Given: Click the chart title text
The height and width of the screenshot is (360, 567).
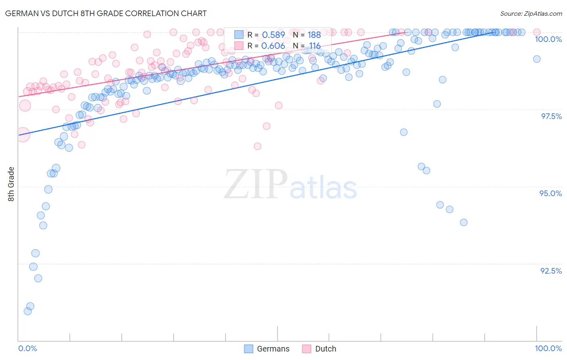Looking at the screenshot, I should tap(106, 13).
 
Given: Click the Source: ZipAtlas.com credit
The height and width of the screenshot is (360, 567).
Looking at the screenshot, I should tap(531, 14).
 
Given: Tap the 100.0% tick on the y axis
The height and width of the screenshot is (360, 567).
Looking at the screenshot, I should tap(548, 39).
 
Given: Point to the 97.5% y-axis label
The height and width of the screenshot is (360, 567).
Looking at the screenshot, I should tap(551, 116).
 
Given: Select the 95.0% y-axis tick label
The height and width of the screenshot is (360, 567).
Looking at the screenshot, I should tap(550, 193).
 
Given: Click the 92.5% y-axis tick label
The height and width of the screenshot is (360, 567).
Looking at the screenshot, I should tap(551, 271).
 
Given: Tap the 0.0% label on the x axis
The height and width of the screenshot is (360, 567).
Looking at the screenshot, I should tap(27, 348).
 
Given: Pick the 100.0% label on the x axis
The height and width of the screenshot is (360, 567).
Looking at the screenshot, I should tap(548, 348).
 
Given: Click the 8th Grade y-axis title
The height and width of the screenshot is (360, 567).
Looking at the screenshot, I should tap(11, 184).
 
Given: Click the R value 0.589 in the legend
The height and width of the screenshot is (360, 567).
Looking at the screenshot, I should tap(273, 35).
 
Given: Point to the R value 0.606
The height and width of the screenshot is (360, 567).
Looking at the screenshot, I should tap(273, 46).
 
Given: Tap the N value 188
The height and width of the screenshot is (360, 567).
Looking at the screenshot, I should tap(314, 35).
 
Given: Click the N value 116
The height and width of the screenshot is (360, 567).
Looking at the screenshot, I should tap(315, 46).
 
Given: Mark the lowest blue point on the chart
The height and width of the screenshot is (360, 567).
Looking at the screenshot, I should tap(27, 311).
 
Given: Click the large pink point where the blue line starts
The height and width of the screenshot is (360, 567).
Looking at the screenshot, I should tap(23, 135).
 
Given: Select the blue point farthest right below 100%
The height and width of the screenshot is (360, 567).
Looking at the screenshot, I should tap(536, 59).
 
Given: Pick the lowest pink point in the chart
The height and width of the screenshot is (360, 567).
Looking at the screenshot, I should tap(257, 146).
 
